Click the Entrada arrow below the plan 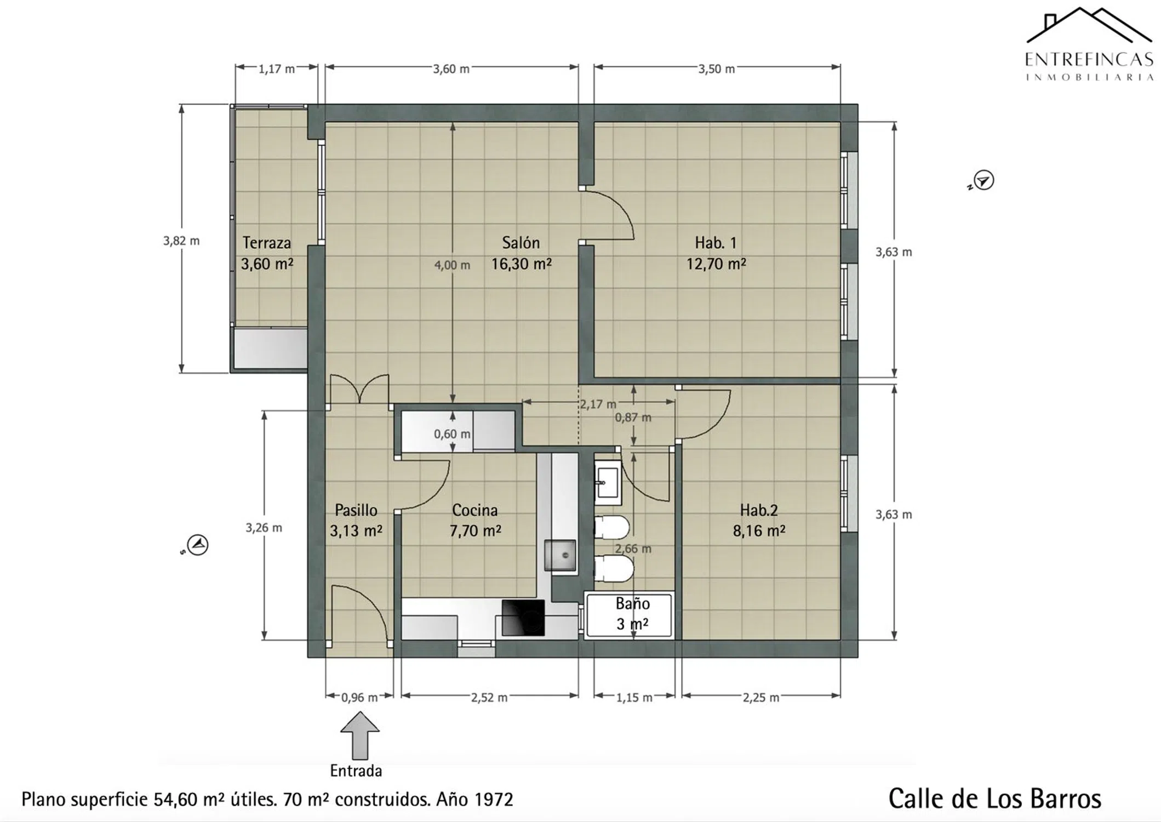359,735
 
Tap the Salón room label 521,242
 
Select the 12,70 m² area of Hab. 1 716,264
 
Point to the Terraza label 267,242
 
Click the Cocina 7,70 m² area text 475,531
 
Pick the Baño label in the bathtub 632,603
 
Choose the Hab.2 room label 759,510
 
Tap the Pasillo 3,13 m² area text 356,531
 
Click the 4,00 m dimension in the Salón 452,265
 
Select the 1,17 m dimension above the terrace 277,69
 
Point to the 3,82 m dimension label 181,241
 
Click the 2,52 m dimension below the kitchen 489,698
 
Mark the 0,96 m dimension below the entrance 359,698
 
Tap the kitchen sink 560,555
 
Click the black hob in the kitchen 523,618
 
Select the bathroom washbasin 607,483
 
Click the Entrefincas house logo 1089,25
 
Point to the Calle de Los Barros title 994,799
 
